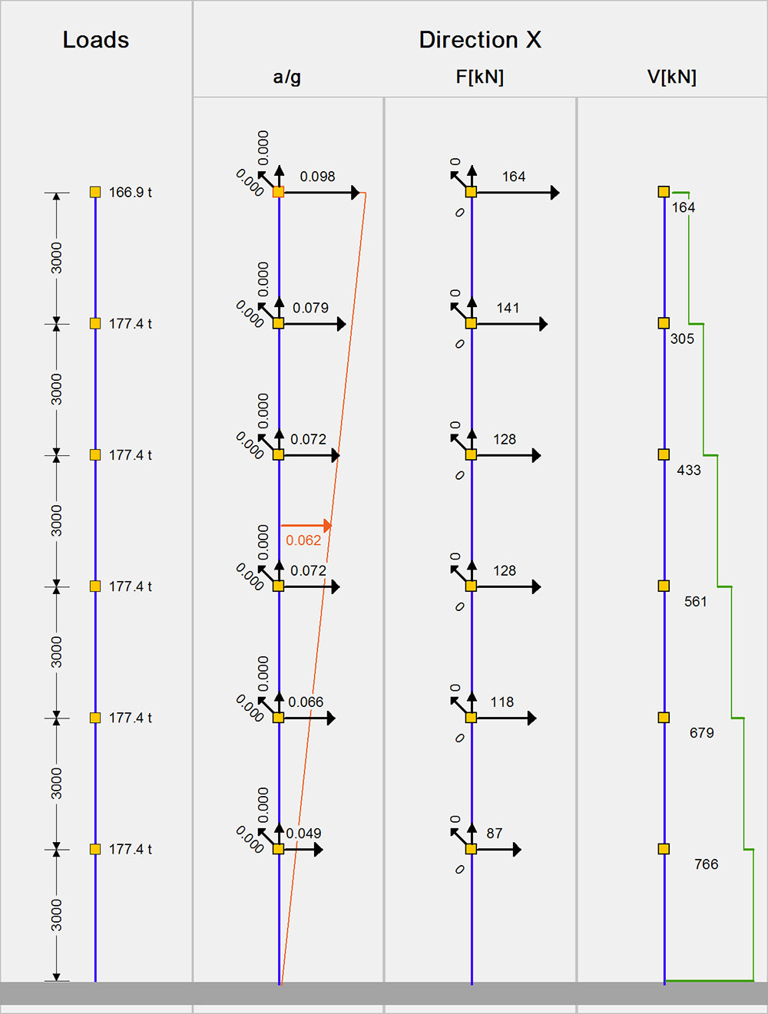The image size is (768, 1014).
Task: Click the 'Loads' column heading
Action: tap(96, 40)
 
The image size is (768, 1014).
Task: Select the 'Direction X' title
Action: tap(480, 40)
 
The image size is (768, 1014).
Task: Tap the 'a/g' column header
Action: tap(287, 77)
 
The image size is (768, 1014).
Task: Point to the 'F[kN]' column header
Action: tap(480, 77)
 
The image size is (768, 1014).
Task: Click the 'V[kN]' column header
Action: tap(672, 77)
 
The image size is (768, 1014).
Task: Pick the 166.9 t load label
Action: tap(131, 193)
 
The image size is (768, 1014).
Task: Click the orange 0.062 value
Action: tap(303, 540)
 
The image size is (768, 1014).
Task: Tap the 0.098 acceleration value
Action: tap(317, 177)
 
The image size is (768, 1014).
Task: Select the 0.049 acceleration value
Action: tap(303, 834)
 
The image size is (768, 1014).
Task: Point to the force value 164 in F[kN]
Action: tap(514, 177)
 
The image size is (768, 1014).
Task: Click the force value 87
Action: tap(495, 834)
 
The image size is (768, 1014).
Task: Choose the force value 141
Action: tap(508, 308)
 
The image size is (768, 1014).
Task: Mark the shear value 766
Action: tap(706, 864)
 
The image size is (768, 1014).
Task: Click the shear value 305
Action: tap(682, 339)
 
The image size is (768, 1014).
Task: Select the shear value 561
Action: tap(696, 602)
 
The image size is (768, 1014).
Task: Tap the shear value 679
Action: tap(701, 733)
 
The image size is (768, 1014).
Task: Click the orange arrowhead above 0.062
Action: tap(328, 526)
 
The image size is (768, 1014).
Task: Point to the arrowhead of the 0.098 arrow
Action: tap(356, 193)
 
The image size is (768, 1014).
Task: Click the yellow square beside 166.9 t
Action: tap(95, 192)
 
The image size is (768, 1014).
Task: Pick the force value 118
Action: tap(502, 702)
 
